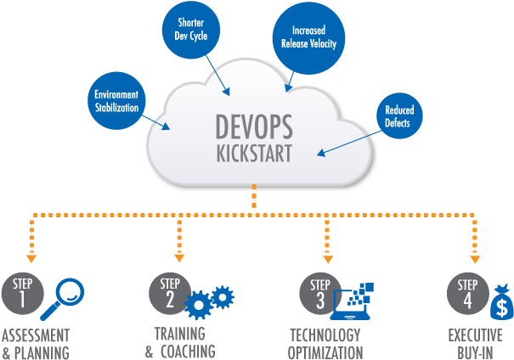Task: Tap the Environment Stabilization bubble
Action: [116, 101]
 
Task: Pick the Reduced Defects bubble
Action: [398, 117]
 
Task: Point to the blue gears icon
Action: [209, 300]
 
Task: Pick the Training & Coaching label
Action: [179, 343]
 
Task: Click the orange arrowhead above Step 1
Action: [31, 256]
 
